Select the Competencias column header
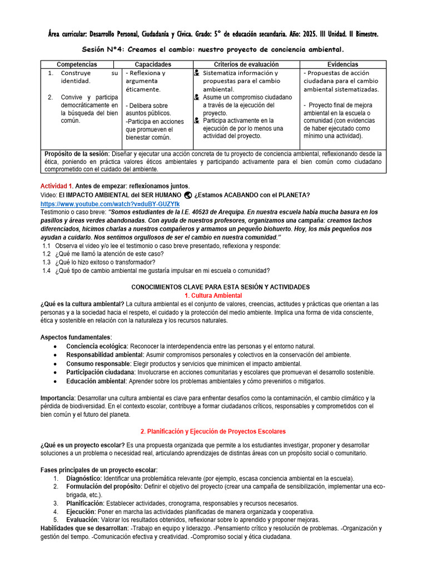[77, 64]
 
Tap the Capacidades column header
[153, 64]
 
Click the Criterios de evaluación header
[246, 64]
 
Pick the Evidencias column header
[342, 64]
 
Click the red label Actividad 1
[57, 186]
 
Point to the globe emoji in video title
[187, 195]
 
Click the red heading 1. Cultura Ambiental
[213, 295]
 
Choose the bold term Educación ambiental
[96, 381]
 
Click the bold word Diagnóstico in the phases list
[83, 478]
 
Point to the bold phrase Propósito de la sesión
[77, 154]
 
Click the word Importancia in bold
[57, 398]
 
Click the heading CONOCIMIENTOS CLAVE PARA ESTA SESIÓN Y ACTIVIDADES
[220, 287]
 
